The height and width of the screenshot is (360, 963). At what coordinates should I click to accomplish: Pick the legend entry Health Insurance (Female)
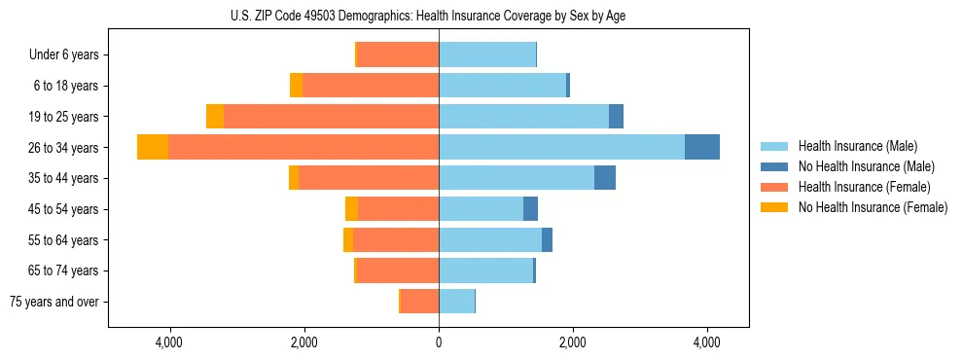click(858, 187)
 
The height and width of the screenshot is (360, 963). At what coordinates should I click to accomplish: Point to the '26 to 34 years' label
click(66, 148)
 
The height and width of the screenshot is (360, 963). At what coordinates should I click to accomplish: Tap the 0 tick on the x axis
click(439, 343)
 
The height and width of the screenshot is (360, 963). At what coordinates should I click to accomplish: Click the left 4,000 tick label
click(169, 343)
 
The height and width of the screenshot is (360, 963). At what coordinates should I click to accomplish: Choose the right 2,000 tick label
click(573, 343)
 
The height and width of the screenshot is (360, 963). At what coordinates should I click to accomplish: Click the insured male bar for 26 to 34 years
click(561, 147)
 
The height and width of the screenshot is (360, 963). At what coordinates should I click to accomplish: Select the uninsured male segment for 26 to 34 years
click(702, 147)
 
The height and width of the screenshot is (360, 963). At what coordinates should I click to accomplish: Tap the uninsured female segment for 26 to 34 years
click(153, 147)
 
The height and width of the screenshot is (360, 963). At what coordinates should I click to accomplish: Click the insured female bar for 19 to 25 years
click(331, 117)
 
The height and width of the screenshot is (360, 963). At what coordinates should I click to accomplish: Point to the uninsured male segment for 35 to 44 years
click(605, 178)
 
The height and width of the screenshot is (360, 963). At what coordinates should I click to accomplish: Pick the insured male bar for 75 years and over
click(456, 302)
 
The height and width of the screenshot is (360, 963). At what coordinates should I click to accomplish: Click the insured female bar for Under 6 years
click(398, 54)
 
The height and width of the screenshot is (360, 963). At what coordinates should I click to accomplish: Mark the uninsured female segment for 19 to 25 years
click(215, 117)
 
